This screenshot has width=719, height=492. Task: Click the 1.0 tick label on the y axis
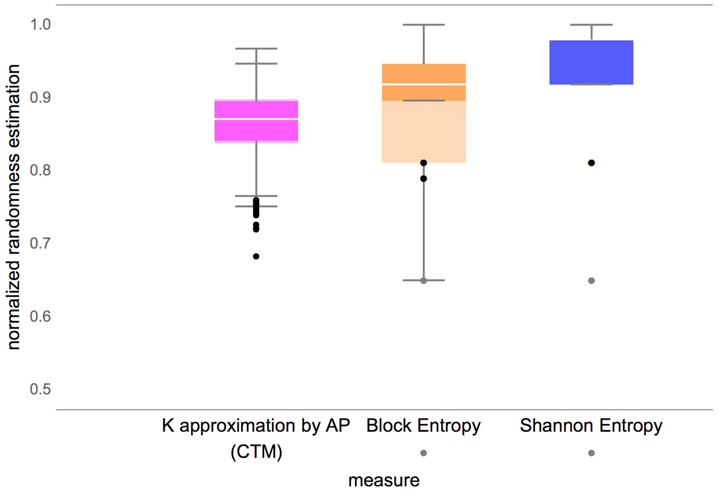pos(40,24)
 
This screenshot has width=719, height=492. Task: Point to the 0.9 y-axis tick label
pos(40,98)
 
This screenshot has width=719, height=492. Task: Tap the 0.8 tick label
pos(40,170)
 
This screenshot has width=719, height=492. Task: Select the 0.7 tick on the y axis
pos(40,243)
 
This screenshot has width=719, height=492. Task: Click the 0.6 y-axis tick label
pos(40,316)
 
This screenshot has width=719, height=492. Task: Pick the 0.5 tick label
pos(40,389)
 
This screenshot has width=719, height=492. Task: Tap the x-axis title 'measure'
pos(384,480)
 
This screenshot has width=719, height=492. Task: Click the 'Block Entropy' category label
pos(423,426)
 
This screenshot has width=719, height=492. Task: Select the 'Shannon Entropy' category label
pos(591,426)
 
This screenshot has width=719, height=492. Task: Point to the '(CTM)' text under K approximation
pos(256,452)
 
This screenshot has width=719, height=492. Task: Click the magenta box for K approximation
pos(256,130)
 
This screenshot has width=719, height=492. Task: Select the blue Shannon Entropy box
pos(591,62)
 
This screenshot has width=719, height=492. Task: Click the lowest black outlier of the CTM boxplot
pos(256,256)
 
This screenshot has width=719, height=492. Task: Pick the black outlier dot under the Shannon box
pos(591,163)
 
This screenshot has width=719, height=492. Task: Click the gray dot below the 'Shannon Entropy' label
pos(591,453)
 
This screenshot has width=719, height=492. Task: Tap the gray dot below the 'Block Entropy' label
pos(423,453)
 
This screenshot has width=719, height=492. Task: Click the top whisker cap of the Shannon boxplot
pos(591,25)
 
